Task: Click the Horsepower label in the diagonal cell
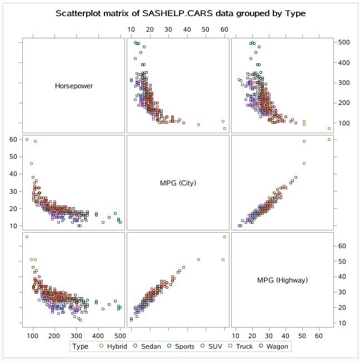[73, 86]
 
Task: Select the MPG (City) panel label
[178, 183]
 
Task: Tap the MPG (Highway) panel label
[282, 280]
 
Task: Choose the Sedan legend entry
[152, 346]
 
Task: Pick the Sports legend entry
[184, 346]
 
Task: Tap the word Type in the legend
[81, 346]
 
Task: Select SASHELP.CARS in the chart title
[169, 13]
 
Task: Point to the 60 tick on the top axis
[224, 29]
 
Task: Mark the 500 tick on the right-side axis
[344, 42]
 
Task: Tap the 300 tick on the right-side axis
[344, 83]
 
